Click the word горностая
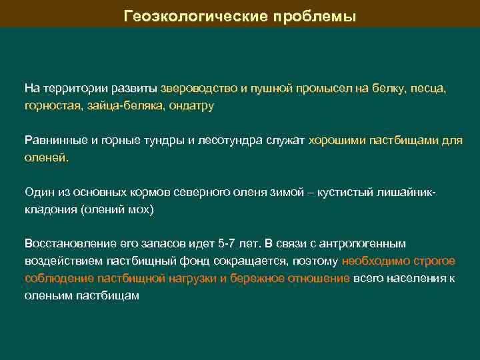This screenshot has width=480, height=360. click(51, 106)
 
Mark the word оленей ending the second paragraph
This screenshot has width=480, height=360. click(46, 158)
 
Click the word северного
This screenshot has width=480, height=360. click(209, 192)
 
